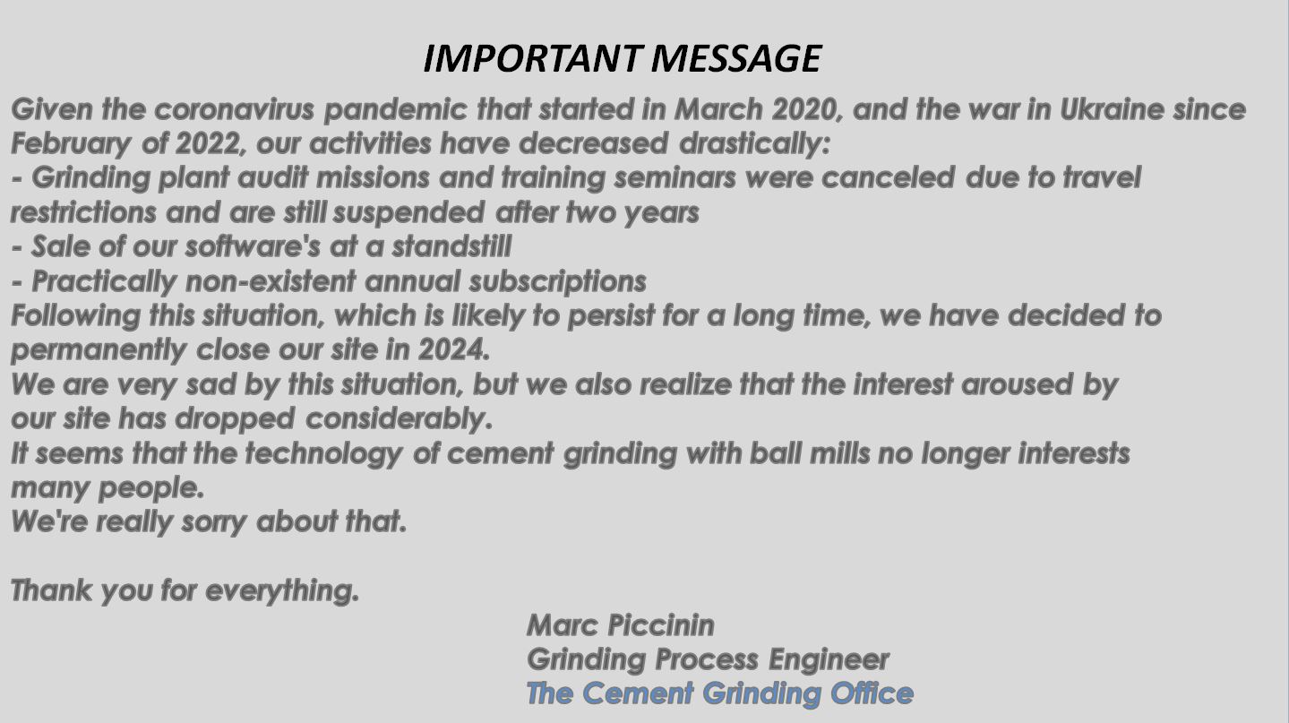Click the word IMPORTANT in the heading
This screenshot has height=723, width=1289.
point(532,59)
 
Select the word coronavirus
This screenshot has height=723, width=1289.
point(234,109)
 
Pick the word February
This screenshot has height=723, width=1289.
point(71,144)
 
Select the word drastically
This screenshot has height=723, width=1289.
point(754,144)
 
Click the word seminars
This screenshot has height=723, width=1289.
point(675,178)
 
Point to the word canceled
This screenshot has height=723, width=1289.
point(888,178)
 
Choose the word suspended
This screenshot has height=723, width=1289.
point(408,213)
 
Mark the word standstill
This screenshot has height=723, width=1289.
point(451,247)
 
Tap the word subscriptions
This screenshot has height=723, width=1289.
point(557,282)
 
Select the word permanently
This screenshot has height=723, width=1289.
point(99,350)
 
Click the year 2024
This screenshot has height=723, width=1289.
point(454,350)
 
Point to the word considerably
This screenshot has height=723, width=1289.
point(399,419)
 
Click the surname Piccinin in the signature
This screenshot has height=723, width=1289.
point(661,625)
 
